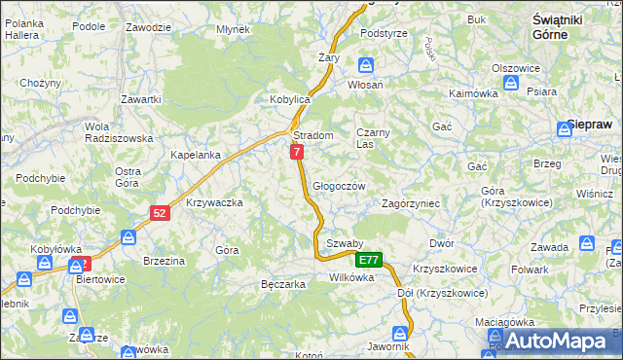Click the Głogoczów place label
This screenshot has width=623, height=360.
pos(339,186)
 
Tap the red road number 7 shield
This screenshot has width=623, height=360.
pos(296,152)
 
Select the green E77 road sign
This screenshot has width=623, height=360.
pos(369,260)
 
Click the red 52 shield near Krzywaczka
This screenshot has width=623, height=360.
pos(161,212)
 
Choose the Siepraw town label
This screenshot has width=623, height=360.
pos(588,126)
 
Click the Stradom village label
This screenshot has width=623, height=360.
pos(313,135)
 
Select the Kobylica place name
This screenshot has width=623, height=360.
pos(289,100)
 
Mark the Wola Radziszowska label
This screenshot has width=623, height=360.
pos(110,132)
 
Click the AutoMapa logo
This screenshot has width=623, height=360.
pos(554,340)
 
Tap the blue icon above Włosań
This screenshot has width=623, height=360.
pos(366,66)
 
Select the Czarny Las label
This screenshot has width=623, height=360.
pos(373,137)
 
